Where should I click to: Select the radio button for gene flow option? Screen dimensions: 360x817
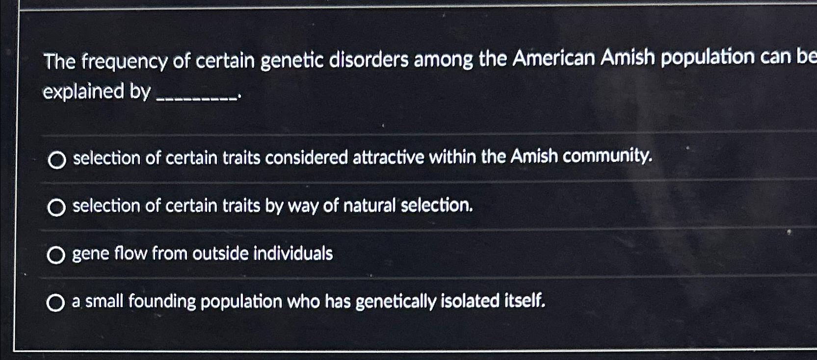click(x=56, y=255)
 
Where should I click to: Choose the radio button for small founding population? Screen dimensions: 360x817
click(x=55, y=303)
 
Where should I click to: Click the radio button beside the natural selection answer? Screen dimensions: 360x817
click(x=56, y=208)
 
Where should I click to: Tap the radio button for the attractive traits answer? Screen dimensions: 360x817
click(x=57, y=160)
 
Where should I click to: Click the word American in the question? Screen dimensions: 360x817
click(x=554, y=58)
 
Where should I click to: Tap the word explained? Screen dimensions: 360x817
click(x=83, y=91)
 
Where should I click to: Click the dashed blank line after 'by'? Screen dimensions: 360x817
click(x=196, y=97)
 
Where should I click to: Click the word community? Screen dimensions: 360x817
click(x=607, y=156)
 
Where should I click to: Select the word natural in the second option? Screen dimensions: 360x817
click(x=369, y=206)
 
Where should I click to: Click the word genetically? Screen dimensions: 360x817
click(x=395, y=301)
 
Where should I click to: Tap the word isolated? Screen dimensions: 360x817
click(x=470, y=301)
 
